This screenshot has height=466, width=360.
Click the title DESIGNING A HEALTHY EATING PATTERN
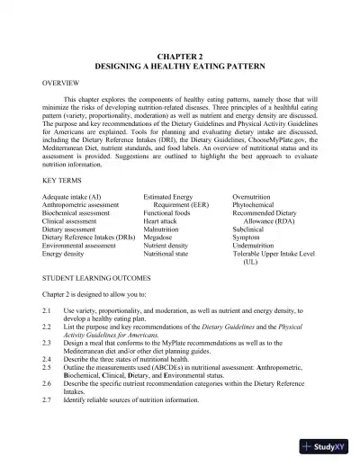(180, 67)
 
